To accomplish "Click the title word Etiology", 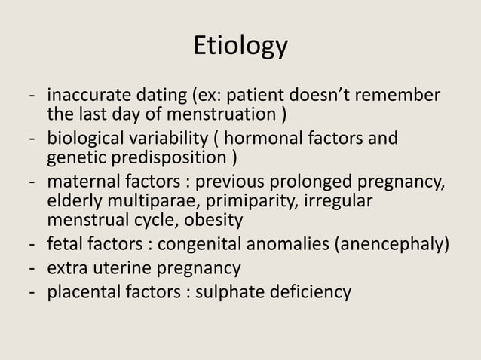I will [240, 46].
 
